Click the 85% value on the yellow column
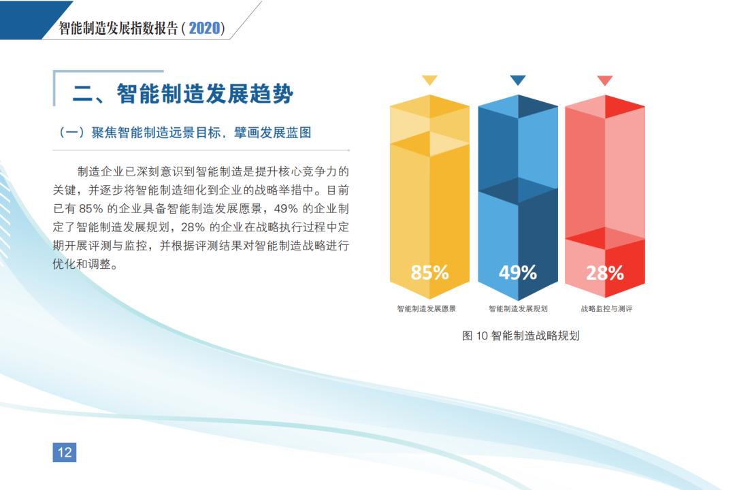pos(429,272)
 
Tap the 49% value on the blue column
pos(517,272)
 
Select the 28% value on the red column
pos(605,272)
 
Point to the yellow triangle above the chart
pos(429,80)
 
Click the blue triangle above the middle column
pos(517,80)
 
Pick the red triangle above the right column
pos(605,80)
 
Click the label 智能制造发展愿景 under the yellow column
pos(426,308)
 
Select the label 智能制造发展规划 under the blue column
pos(518,308)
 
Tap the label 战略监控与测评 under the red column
pos(606,308)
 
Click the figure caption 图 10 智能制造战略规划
pos(521,336)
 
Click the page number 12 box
pos(65,453)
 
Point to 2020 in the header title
pos(204,28)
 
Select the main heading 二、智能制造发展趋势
pos(183,94)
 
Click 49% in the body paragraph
pos(286,209)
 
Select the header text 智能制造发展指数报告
pos(118,28)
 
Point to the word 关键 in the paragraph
pos(64,191)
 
